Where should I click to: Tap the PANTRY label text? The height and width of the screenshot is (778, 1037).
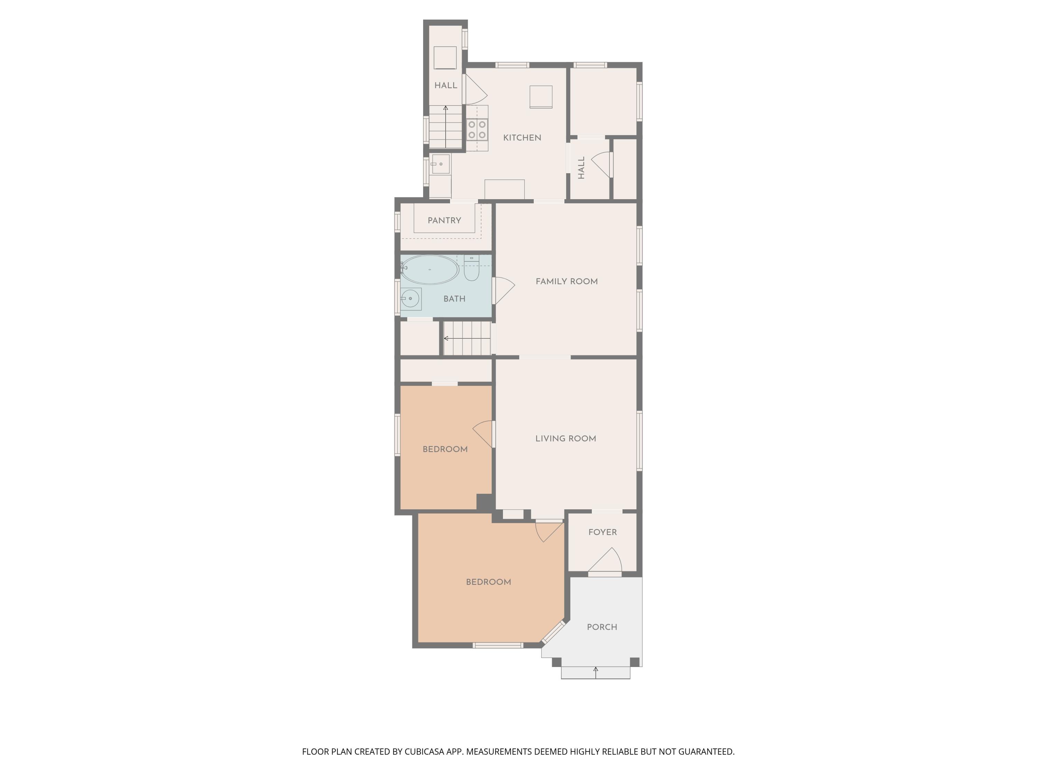[x=444, y=220]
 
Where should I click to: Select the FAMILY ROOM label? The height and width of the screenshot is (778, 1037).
[x=566, y=282]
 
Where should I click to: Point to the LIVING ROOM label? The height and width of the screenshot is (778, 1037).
[x=566, y=439]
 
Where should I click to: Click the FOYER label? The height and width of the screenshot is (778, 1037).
[x=602, y=532]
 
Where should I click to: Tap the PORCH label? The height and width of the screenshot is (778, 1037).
[x=602, y=627]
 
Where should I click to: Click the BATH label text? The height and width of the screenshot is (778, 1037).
[x=454, y=299]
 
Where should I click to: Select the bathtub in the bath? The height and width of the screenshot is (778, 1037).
[x=429, y=270]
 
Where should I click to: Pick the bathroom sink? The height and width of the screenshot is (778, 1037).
[x=411, y=299]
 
